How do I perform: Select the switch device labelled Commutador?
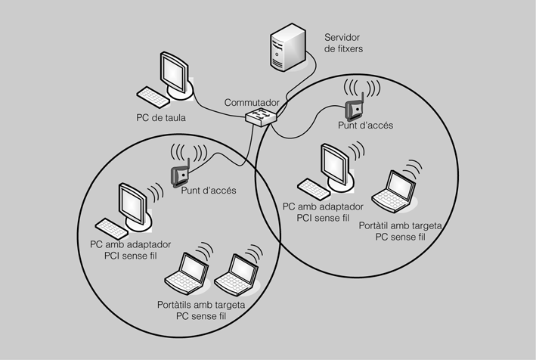click(x=262, y=117)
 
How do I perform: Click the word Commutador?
click(x=253, y=102)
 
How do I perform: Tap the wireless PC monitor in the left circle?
click(x=133, y=204)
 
